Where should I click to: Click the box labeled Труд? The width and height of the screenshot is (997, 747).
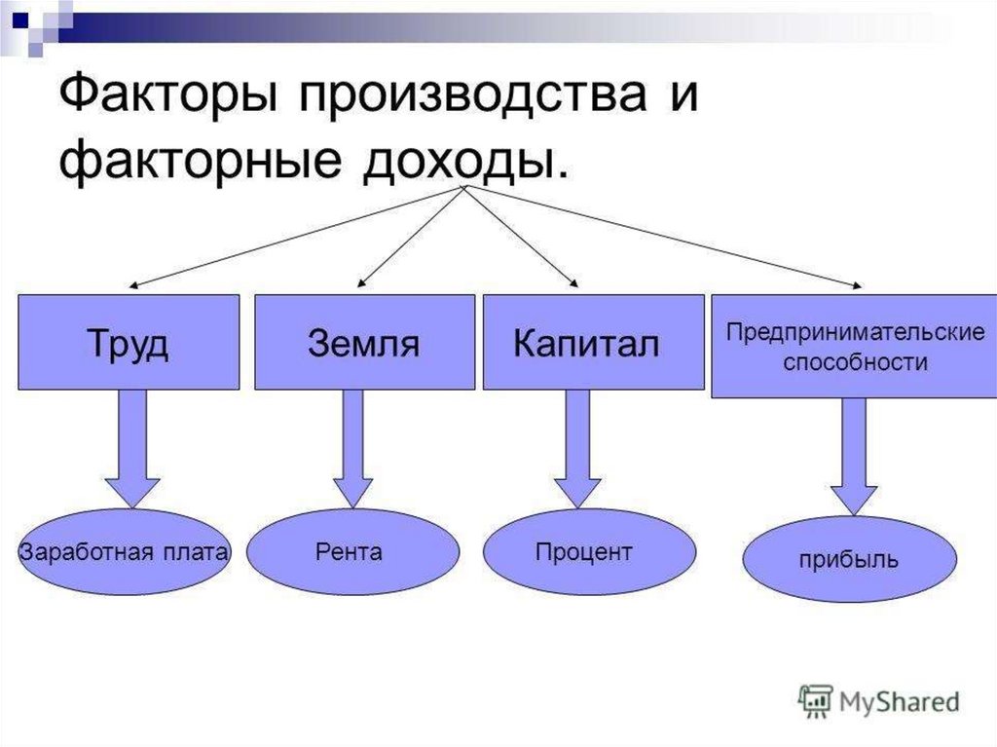(129, 342)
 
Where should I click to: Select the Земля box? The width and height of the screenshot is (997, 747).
(364, 342)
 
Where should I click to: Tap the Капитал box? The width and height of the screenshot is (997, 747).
(593, 342)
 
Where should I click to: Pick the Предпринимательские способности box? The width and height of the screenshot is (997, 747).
(854, 346)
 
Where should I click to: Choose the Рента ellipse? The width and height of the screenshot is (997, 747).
(352, 551)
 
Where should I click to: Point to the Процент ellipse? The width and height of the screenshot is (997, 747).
(589, 551)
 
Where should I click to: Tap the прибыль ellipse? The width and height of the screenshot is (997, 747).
(849, 559)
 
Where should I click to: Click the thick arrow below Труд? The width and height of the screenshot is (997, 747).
(132, 449)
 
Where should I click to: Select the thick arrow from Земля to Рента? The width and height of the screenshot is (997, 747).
(352, 449)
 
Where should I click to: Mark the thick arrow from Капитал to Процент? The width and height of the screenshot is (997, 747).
(577, 449)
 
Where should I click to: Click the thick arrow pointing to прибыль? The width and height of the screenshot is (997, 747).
(854, 457)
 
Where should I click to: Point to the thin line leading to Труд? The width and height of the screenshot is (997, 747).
(297, 237)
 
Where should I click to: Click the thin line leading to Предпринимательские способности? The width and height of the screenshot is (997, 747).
(664, 237)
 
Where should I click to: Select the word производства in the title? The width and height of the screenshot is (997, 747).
(474, 94)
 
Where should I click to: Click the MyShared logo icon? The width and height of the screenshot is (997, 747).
(815, 702)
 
